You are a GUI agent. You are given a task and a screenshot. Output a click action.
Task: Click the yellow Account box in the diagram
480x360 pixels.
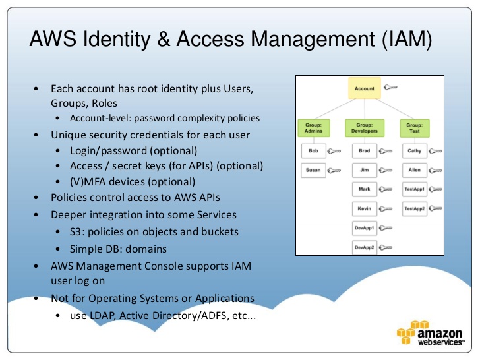[x=364, y=88]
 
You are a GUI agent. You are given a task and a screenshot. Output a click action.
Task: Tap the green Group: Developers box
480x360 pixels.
[x=364, y=127]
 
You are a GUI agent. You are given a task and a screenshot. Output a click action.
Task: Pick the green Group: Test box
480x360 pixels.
[x=414, y=127]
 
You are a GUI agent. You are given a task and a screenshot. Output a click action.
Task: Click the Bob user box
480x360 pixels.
[x=313, y=151]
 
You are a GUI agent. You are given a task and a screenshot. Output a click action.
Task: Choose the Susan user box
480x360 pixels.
[x=313, y=170]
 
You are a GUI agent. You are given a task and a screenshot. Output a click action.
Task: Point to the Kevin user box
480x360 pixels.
[x=364, y=209]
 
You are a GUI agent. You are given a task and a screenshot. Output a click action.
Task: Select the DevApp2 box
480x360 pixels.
[x=364, y=248]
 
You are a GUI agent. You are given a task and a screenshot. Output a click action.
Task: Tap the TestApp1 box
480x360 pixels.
[x=415, y=189]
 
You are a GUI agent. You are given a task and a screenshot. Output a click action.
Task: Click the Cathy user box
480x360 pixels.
[x=415, y=151]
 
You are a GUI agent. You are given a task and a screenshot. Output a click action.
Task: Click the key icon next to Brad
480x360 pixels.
[x=385, y=152]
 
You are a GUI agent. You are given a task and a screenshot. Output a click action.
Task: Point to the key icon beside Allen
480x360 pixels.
[x=435, y=171]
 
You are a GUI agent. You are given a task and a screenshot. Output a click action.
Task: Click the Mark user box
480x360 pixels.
[x=364, y=190]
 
